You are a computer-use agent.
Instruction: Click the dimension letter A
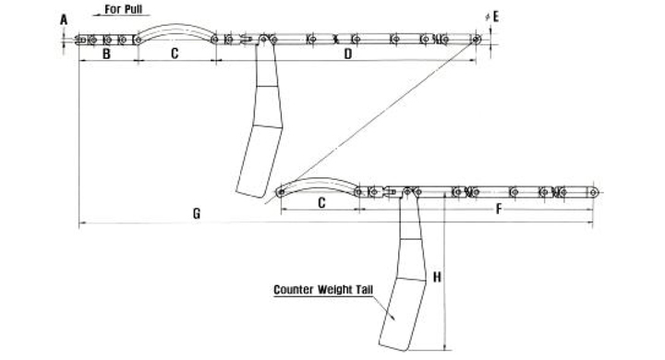[64, 19]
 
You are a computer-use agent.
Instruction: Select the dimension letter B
[106, 54]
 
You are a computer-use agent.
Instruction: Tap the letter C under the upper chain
[175, 54]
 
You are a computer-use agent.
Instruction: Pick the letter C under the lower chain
[321, 203]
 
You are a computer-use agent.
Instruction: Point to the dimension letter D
[348, 54]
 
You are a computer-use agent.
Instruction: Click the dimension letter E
[496, 17]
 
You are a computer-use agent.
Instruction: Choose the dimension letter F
[499, 209]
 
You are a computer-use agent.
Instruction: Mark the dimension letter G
[197, 214]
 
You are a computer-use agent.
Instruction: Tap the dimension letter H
[437, 277]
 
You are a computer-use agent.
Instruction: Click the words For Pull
[124, 9]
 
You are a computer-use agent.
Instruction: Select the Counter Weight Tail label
[323, 290]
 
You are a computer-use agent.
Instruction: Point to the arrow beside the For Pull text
[121, 16]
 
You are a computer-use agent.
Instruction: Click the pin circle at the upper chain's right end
[476, 40]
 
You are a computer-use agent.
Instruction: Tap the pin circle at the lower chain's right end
[593, 193]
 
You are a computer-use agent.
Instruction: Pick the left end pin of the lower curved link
[281, 193]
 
